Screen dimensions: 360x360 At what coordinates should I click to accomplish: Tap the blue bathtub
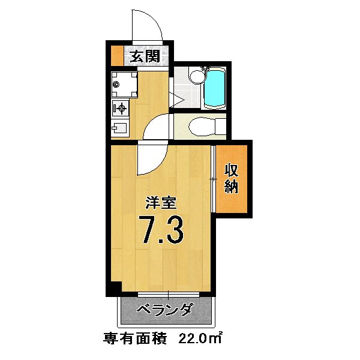point(214,89)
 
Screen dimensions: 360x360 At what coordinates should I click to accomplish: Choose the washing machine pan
point(125,85)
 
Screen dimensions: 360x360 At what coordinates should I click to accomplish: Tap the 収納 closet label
point(232,178)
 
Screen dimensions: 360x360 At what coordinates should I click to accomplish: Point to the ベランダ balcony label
point(164,311)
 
